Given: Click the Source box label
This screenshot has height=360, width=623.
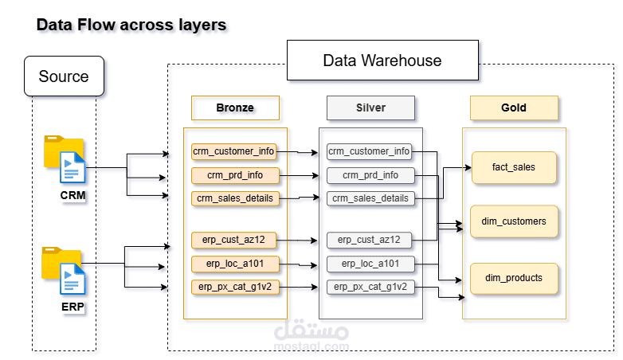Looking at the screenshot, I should (x=64, y=76).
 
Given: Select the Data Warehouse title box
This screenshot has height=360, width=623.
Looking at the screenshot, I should (x=382, y=61).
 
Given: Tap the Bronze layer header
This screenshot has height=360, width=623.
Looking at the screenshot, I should (x=235, y=108).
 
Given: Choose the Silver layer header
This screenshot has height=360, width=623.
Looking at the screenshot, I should (x=370, y=108).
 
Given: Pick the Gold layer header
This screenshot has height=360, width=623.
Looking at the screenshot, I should (x=514, y=108).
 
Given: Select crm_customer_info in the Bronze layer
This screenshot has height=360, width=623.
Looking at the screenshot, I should (x=235, y=151).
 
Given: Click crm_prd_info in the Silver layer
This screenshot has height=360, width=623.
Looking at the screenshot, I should (x=370, y=174).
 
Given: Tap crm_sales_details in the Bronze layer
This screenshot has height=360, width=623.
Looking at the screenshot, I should (x=235, y=198).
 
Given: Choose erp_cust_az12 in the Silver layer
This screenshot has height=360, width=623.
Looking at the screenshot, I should (x=370, y=239).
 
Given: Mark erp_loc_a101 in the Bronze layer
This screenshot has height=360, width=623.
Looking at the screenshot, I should (x=235, y=264).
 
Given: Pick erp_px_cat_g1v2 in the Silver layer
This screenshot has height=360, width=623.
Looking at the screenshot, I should (x=370, y=287).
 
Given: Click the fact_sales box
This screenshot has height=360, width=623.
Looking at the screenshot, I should (x=514, y=167).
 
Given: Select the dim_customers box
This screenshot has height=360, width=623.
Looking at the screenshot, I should (x=514, y=221).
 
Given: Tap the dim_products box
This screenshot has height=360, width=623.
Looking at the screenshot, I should (x=514, y=278).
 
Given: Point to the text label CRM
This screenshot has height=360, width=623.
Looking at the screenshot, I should (x=72, y=195).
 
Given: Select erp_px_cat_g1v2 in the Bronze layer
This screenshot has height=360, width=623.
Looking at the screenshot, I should (x=235, y=287).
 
